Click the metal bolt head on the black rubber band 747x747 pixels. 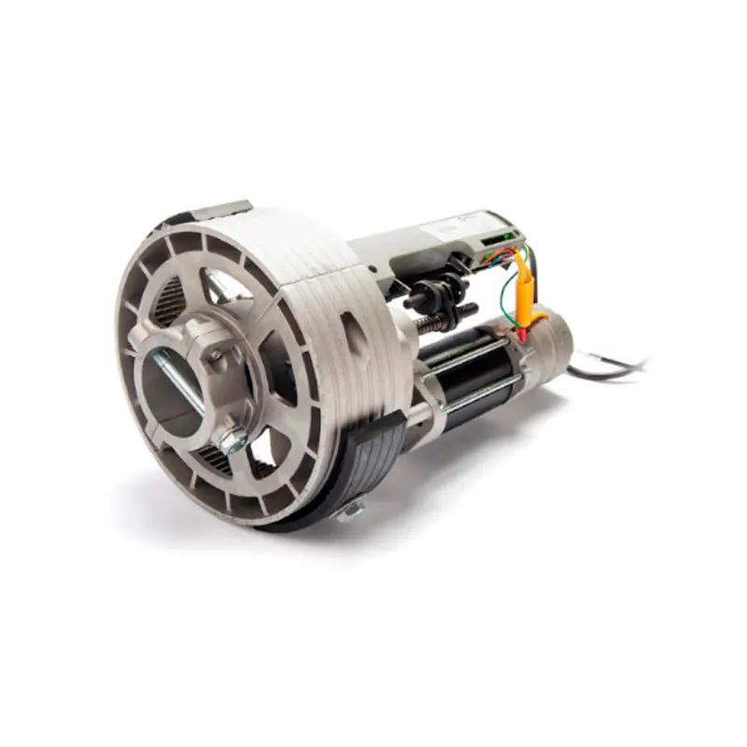tap(351, 508)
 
